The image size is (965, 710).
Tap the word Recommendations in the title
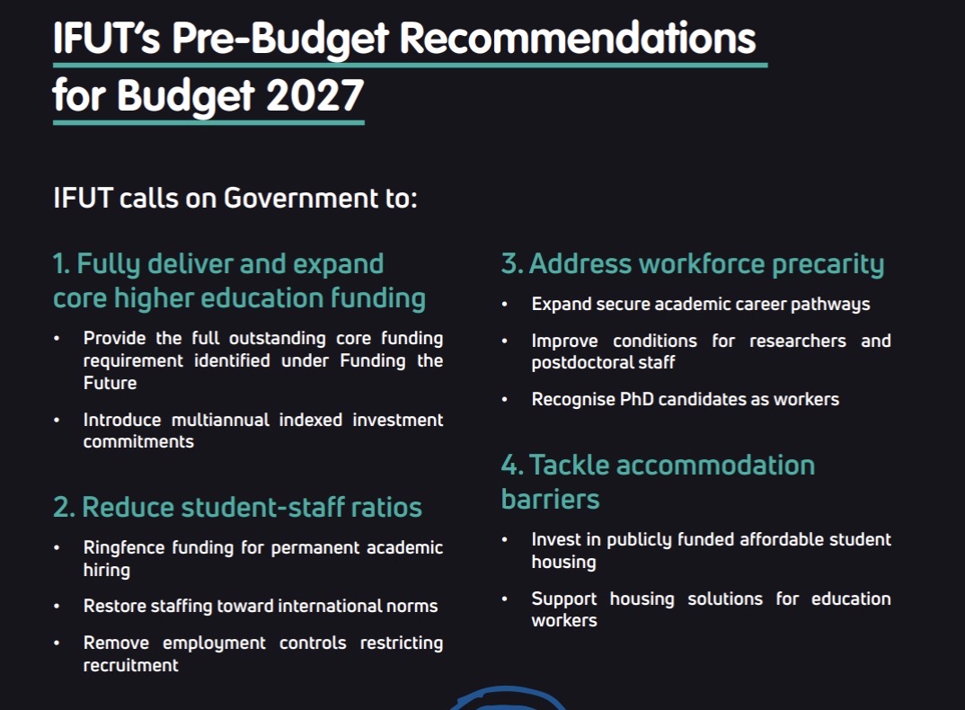click(x=577, y=38)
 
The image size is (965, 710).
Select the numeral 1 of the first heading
click(x=60, y=264)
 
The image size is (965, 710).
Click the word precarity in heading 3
click(x=828, y=265)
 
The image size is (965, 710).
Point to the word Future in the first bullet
click(x=111, y=383)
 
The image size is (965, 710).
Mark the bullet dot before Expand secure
click(x=505, y=304)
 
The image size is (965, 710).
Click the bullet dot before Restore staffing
click(x=57, y=607)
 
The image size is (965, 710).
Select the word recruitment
click(x=130, y=666)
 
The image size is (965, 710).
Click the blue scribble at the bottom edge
click(x=509, y=693)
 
